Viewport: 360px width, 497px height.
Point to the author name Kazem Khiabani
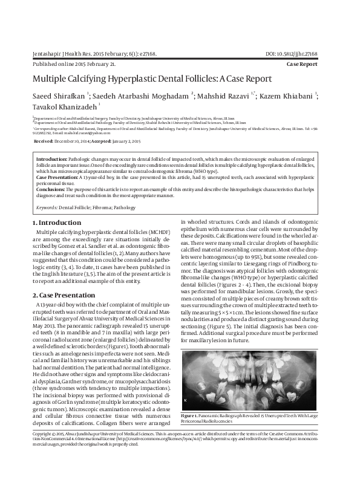coord(290,96)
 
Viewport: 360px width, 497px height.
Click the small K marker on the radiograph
coord(186,401)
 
